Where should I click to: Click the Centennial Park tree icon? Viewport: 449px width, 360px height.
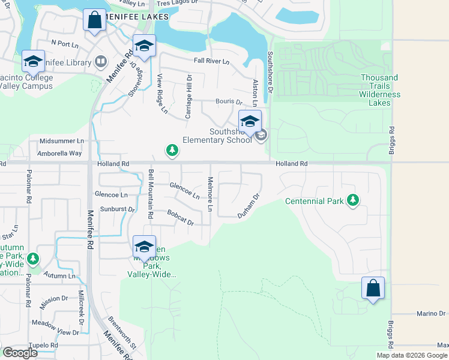click(x=354, y=200)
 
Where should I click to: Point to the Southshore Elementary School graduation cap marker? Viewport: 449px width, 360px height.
click(x=250, y=121)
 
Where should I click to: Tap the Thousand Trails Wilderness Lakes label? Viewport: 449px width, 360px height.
click(x=379, y=90)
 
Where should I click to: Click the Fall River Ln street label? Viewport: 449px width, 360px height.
click(x=211, y=61)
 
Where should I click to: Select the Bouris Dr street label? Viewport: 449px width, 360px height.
click(x=229, y=102)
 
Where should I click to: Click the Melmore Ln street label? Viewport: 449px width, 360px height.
click(x=210, y=193)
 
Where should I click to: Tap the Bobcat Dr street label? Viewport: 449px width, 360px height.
click(x=181, y=218)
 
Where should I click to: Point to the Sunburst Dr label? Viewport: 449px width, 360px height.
click(x=117, y=209)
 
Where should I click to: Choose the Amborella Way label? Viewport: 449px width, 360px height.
click(x=59, y=153)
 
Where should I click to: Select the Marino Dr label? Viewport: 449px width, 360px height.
click(x=432, y=313)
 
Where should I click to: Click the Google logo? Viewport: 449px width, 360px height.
click(x=20, y=353)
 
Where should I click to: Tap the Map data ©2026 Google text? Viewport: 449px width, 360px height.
click(x=412, y=355)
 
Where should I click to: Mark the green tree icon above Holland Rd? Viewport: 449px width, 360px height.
click(x=172, y=149)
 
